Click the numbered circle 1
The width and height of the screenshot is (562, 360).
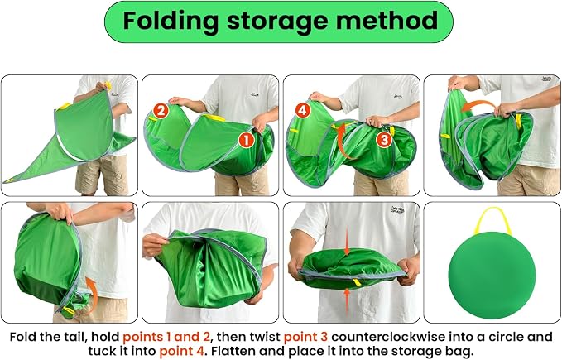click(x=246, y=140)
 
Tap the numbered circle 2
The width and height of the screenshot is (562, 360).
click(x=161, y=111)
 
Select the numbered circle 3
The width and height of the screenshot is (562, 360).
click(x=384, y=139)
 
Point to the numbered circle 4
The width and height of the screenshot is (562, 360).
click(x=302, y=110)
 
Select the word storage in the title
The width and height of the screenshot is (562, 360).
click(x=277, y=22)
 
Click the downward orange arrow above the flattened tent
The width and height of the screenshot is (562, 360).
click(x=347, y=242)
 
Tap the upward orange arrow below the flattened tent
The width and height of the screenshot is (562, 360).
click(x=347, y=302)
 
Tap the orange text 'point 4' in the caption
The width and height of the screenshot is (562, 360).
click(x=182, y=351)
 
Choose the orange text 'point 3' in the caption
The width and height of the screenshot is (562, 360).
click(x=305, y=337)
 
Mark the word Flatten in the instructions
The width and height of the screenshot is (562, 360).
click(x=232, y=350)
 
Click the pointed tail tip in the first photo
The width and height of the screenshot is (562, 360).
click(x=4, y=181)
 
